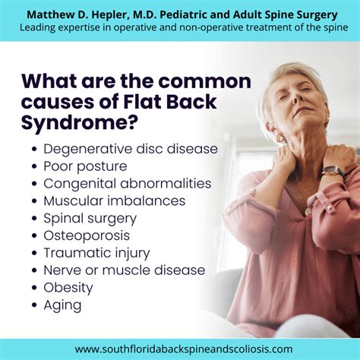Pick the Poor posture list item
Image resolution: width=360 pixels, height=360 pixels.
point(85,166)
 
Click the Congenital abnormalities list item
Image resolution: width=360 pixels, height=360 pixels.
point(127,183)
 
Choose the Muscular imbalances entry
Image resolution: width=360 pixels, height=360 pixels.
point(114,201)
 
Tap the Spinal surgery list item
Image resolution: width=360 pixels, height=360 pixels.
point(90,218)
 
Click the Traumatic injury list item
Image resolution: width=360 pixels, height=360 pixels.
point(96,253)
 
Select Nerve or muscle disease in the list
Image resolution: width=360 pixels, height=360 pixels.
point(124,270)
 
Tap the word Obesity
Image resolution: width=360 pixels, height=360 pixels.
point(68,288)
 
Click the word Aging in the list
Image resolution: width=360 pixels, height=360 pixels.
point(62,305)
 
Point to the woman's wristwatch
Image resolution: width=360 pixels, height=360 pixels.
point(333,172)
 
